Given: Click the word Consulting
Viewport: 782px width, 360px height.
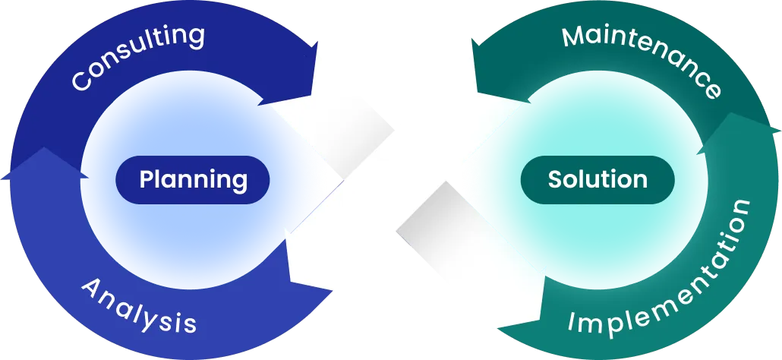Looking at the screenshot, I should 137,56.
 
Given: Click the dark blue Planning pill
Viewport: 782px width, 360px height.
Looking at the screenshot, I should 193,180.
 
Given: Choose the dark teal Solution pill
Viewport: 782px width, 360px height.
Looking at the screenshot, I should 598,180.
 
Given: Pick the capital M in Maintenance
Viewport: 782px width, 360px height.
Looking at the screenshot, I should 572,37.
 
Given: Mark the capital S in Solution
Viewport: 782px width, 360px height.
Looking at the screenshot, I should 555,180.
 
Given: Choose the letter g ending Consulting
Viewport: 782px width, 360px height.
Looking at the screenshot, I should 195,36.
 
